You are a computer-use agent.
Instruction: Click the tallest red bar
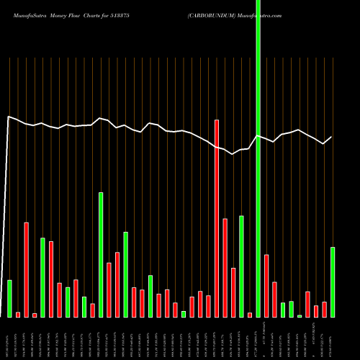tap(217, 218)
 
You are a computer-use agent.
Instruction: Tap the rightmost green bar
tap(332, 282)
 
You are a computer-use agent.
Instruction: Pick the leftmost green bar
tap(9, 298)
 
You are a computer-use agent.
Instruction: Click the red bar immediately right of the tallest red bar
tap(225, 267)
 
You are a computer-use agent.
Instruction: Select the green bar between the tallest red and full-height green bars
tap(242, 266)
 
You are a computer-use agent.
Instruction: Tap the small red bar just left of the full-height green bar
tap(250, 315)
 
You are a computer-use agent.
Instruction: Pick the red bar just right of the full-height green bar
tap(266, 285)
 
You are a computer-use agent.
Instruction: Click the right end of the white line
tap(332, 137)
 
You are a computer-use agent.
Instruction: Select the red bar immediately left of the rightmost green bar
tap(324, 309)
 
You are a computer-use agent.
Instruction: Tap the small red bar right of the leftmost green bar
tap(18, 315)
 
